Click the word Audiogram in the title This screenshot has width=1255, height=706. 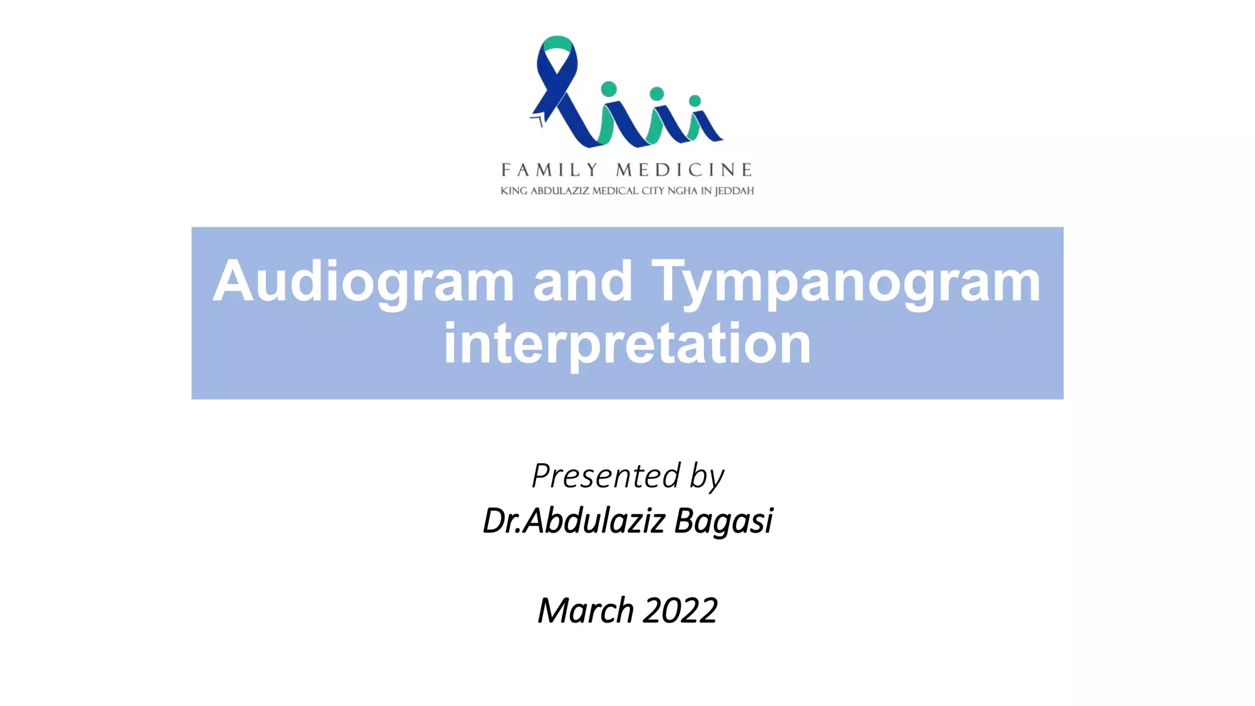pyautogui.click(x=363, y=282)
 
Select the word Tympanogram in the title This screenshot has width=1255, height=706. pyautogui.click(x=846, y=282)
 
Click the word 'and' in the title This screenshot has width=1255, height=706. pyautogui.click(x=582, y=282)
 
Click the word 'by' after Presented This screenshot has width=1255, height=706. pyautogui.click(x=707, y=477)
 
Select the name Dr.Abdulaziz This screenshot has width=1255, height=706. pyautogui.click(x=574, y=521)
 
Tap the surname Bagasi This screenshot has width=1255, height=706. pyautogui.click(x=724, y=522)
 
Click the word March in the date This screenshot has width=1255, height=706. pyautogui.click(x=585, y=610)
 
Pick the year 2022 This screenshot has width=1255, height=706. pyautogui.click(x=681, y=610)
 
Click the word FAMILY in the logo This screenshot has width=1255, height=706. pyautogui.click(x=549, y=170)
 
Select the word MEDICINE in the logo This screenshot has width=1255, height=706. pyautogui.click(x=684, y=170)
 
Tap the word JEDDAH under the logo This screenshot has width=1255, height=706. pyautogui.click(x=735, y=191)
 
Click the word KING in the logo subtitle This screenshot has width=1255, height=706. pyautogui.click(x=514, y=191)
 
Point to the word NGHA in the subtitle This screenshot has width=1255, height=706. pyautogui.click(x=683, y=191)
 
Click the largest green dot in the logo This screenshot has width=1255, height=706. pyautogui.click(x=609, y=89)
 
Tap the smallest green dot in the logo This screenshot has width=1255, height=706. pyautogui.click(x=695, y=101)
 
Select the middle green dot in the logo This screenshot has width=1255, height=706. pyautogui.click(x=656, y=94)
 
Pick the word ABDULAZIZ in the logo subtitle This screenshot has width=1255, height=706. pyautogui.click(x=559, y=191)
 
